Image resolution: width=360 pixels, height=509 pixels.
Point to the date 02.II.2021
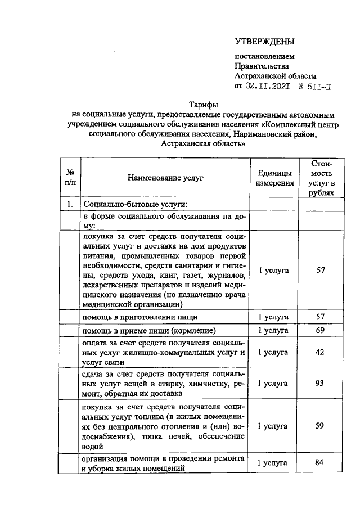(x=268, y=86)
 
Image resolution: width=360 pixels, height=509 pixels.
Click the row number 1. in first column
(x=70, y=204)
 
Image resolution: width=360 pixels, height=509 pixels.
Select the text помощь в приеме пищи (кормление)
(x=149, y=330)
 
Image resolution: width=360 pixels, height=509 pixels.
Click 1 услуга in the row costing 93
(x=274, y=384)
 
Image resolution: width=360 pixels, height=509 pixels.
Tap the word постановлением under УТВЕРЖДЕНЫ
(x=264, y=56)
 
